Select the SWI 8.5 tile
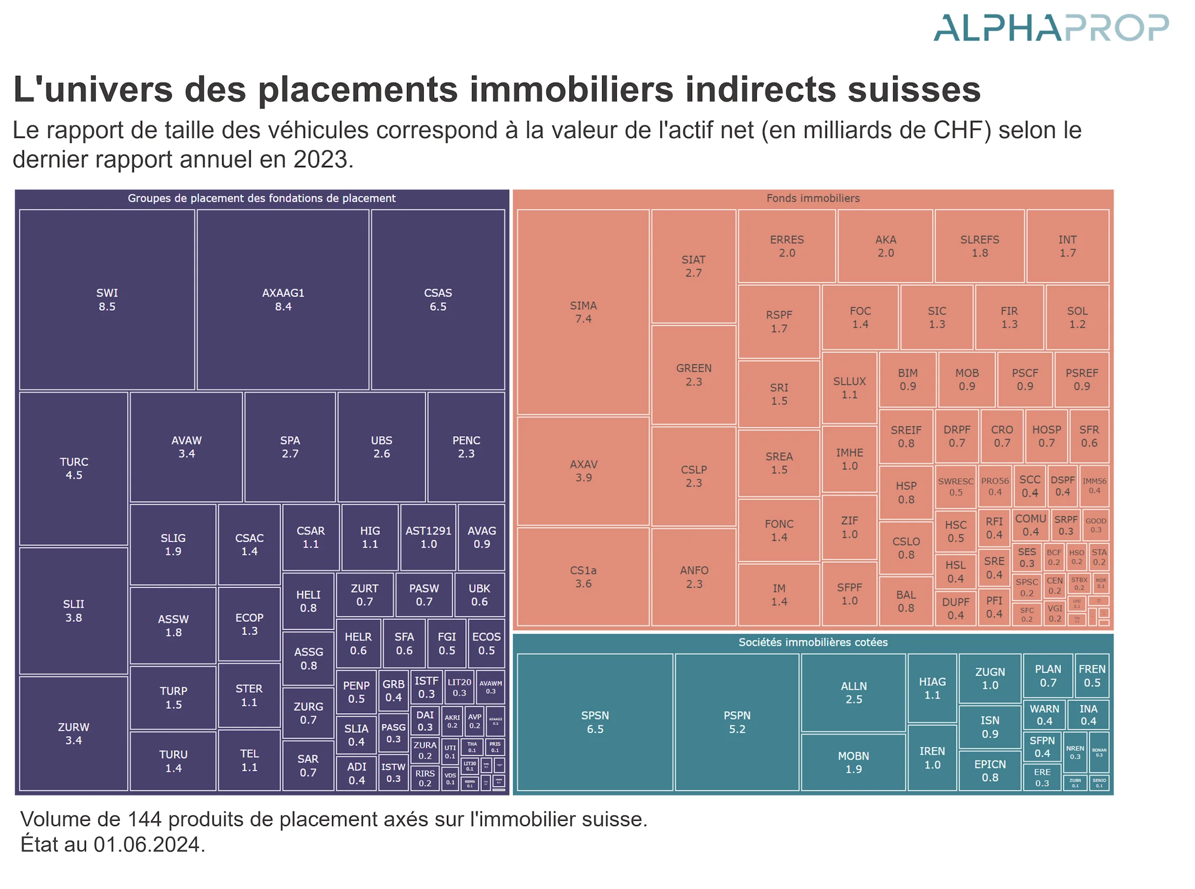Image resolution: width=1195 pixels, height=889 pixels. click(107, 300)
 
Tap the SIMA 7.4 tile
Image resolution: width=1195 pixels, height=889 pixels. click(583, 312)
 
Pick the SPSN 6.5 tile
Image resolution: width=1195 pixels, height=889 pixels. click(594, 721)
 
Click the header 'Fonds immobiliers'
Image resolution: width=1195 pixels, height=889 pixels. click(812, 198)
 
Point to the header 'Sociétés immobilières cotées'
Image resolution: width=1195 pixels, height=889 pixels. click(812, 642)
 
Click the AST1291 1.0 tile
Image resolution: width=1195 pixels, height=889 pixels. click(428, 537)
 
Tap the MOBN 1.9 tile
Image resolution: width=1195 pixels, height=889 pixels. click(853, 762)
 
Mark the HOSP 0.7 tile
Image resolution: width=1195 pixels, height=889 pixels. click(1046, 436)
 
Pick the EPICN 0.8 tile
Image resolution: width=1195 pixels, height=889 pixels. click(989, 771)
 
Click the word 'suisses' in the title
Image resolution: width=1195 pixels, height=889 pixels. click(913, 90)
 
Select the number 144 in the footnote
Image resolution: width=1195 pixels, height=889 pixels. click(144, 819)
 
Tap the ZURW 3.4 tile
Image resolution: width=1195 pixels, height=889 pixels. click(74, 733)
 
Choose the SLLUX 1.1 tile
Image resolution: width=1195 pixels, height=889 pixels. click(849, 387)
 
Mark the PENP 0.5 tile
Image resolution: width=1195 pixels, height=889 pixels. click(356, 692)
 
